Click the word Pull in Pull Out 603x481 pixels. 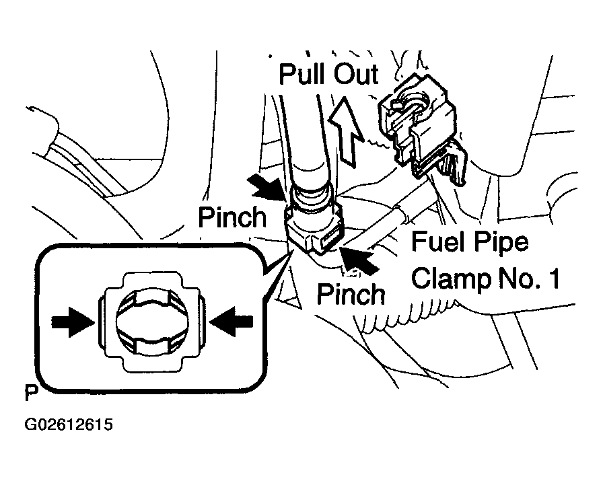point(302,74)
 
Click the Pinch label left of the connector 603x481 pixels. point(232,217)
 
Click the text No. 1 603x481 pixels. point(531,278)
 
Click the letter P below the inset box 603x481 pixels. point(30,392)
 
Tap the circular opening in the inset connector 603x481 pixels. point(151,322)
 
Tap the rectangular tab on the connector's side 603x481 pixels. point(330,239)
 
